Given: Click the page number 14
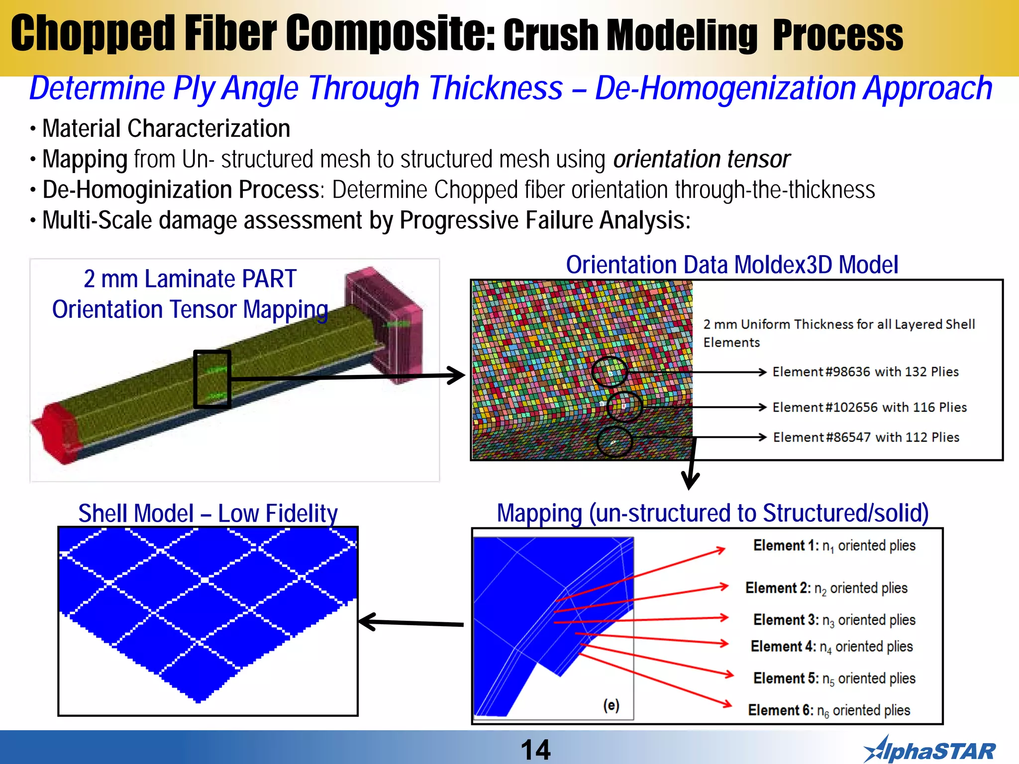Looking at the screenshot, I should point(535,750).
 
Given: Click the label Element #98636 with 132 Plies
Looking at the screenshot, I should point(865,372).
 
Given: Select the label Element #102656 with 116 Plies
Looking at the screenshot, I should point(869,407).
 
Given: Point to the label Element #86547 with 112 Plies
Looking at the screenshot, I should point(866,437).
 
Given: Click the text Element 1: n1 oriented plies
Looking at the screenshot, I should point(834,546).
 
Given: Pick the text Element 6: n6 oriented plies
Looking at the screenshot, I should point(829,710).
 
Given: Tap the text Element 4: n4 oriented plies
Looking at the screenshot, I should point(831,647).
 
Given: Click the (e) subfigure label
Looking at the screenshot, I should point(611,705).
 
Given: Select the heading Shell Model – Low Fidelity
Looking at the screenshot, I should point(207,513).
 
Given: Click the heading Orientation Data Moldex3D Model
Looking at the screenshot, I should point(732,265).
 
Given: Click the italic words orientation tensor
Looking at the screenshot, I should point(701,160).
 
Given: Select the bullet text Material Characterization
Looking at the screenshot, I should point(166,129).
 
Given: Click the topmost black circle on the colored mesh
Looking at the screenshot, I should point(610,372).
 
